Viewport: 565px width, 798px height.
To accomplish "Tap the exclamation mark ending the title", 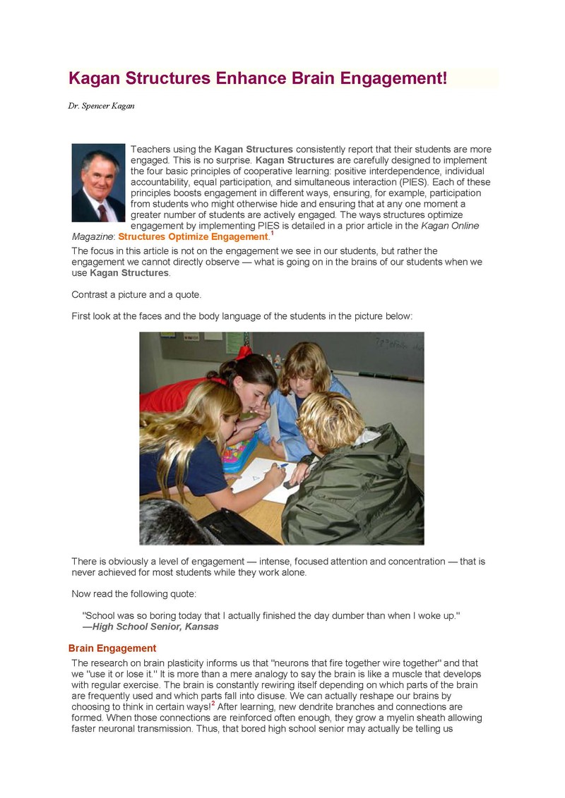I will coord(445,78).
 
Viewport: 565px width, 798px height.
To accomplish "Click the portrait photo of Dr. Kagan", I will coord(98,183).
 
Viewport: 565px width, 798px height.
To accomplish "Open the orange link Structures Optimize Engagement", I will coord(193,237).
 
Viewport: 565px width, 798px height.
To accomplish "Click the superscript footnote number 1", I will coord(272,233).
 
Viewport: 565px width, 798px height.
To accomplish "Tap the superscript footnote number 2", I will coord(213,703).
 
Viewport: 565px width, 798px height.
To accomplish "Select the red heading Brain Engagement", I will coord(112,648).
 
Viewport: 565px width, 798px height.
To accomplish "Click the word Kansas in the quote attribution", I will coord(202,627).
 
